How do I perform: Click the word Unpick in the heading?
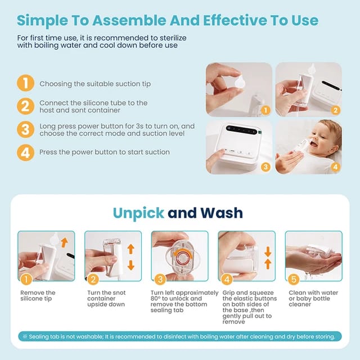[138, 213]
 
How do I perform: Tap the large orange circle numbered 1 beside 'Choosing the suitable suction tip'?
[25, 83]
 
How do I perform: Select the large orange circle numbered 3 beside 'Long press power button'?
[25, 129]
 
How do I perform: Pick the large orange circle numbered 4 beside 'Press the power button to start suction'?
[25, 152]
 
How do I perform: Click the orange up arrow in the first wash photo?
[64, 242]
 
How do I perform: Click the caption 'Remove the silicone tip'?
[38, 296]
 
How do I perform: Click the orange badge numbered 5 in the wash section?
[292, 278]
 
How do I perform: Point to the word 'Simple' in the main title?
[46, 21]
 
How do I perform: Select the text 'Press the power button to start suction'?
[105, 152]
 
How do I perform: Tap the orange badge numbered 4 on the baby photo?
[335, 167]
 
